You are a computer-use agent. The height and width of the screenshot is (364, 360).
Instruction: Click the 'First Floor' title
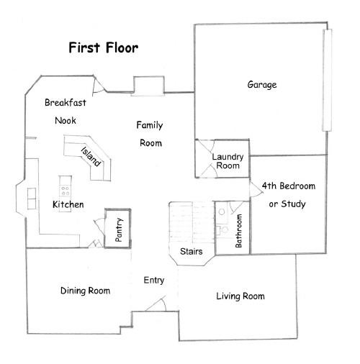pyautogui.click(x=103, y=48)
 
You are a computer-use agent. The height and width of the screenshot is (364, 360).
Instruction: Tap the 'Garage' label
pyautogui.click(x=262, y=85)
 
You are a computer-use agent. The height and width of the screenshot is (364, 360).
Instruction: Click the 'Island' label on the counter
pyautogui.click(x=91, y=160)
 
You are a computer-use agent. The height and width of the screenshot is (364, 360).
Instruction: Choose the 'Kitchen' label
pyautogui.click(x=68, y=205)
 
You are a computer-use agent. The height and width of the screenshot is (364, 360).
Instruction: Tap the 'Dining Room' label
pyautogui.click(x=85, y=291)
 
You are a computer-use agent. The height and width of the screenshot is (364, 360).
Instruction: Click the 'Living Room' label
pyautogui.click(x=240, y=296)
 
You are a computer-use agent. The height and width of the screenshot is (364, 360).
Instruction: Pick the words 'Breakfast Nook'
pyautogui.click(x=65, y=112)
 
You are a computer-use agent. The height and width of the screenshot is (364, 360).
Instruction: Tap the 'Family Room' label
pyautogui.click(x=149, y=134)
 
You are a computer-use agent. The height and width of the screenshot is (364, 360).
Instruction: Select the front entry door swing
pyautogui.click(x=163, y=305)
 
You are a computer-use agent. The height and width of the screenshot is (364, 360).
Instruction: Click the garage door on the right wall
pyautogui.click(x=328, y=81)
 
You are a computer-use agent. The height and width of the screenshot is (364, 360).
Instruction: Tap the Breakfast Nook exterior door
pyautogui.click(x=99, y=86)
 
